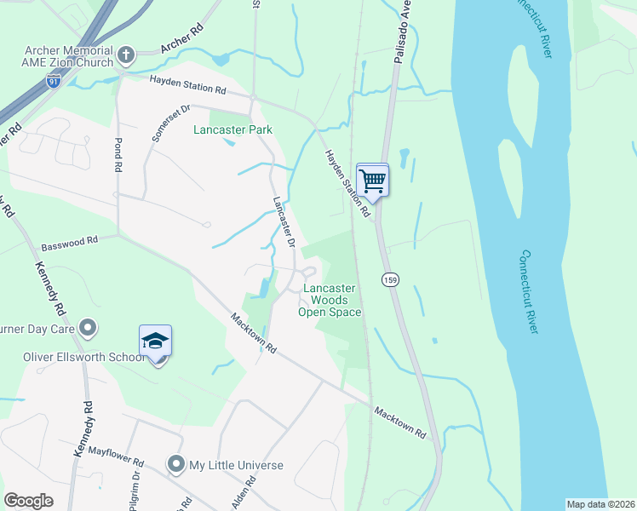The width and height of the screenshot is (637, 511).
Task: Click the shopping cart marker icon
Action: [372, 180]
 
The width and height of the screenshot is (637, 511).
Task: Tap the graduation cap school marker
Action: [156, 341]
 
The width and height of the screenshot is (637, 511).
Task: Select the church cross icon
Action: [125, 55]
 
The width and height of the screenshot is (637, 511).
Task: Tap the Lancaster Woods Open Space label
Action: [330, 301]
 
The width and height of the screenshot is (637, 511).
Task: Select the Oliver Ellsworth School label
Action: [84, 357]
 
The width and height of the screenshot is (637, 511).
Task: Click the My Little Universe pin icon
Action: [176, 465]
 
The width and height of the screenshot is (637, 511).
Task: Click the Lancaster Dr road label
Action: [284, 222]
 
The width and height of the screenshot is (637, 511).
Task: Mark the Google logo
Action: [28, 501]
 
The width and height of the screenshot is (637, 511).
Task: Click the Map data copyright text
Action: [600, 504]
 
